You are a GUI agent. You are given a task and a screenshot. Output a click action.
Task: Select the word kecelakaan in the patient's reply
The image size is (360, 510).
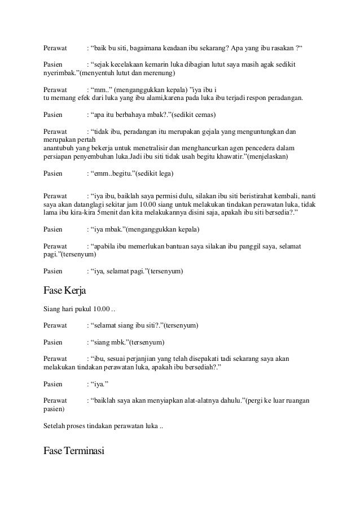point(128,65)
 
